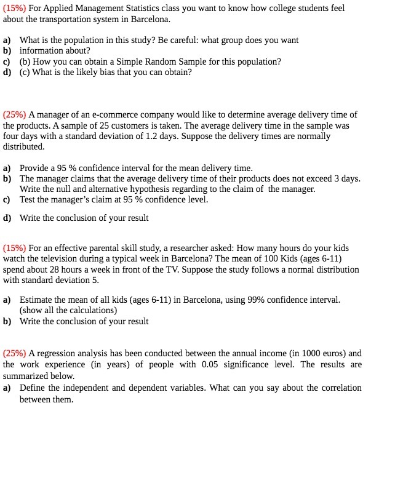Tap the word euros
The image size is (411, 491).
click(333, 354)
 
